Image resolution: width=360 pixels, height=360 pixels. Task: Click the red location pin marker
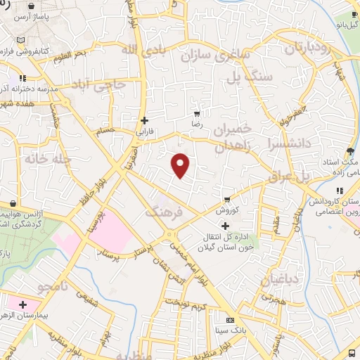tap(181, 165)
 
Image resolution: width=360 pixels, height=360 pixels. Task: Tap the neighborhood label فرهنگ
tap(164, 211)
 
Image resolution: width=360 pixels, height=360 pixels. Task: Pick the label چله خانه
tap(47, 159)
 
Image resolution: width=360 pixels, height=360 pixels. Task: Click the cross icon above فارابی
tap(144, 120)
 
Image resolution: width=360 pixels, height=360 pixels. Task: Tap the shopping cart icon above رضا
tap(197, 113)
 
